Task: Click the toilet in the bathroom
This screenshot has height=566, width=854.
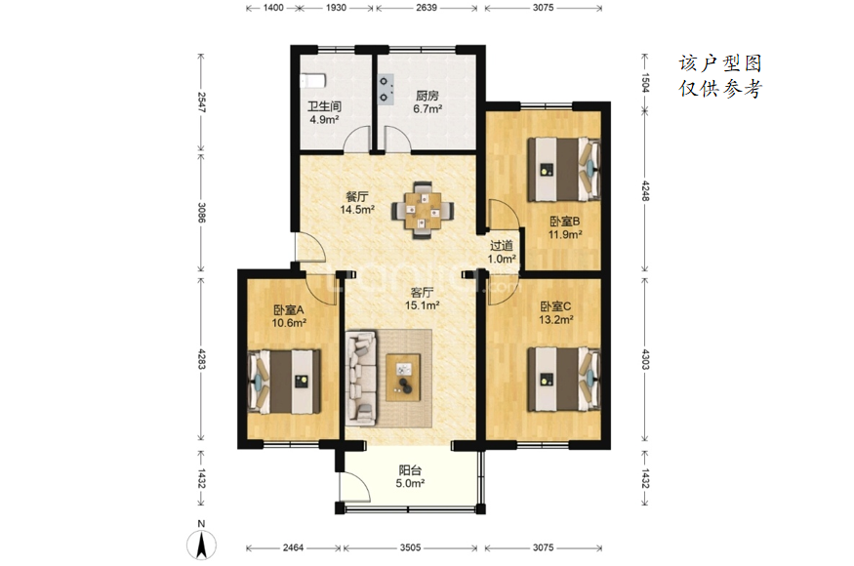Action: (x=312, y=81)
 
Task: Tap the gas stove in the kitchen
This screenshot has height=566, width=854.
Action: (x=386, y=90)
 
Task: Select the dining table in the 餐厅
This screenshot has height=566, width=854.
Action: (x=422, y=210)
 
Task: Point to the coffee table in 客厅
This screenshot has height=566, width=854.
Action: (x=403, y=378)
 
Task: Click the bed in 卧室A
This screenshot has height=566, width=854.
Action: (x=284, y=382)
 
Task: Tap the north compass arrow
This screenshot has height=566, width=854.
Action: (x=201, y=545)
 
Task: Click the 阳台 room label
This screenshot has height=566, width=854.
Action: (x=410, y=470)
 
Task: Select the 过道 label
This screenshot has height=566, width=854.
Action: (x=501, y=246)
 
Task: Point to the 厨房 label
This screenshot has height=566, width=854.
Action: (x=427, y=96)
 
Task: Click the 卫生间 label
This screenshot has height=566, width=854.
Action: (x=325, y=106)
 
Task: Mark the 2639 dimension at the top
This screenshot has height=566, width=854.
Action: (x=427, y=8)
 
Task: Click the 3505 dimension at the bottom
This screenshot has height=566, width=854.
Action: (x=410, y=547)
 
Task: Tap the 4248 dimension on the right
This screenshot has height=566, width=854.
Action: (x=645, y=190)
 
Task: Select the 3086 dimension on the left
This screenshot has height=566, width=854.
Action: (x=201, y=213)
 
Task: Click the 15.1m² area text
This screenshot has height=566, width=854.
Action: (x=422, y=305)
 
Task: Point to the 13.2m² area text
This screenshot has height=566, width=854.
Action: (x=556, y=320)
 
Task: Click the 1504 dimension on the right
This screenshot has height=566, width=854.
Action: (x=645, y=82)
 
